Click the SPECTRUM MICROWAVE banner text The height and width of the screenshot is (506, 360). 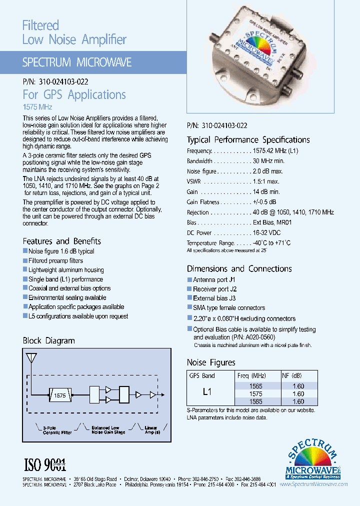pos(77,62)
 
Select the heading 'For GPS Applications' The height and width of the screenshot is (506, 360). pos(74,94)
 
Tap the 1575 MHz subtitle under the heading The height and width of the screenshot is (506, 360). pos(37,107)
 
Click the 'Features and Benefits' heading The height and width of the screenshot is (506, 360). pos(61,241)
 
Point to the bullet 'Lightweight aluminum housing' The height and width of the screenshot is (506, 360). pos(66,270)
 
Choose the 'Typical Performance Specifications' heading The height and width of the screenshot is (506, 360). pos(248,140)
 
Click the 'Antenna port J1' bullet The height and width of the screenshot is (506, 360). pos(214,280)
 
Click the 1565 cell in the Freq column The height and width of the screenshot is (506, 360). pos(255,386)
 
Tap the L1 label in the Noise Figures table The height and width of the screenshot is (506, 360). pos(207,392)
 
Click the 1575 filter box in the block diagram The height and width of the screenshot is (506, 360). pos(60,395)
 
